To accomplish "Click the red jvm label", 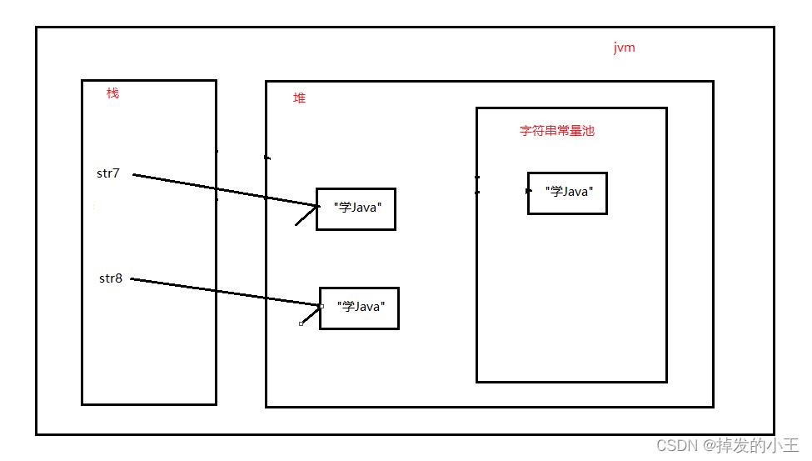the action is (x=624, y=48).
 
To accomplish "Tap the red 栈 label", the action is (x=112, y=93).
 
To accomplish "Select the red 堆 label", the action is (x=299, y=98).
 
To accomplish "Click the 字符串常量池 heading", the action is (x=556, y=131).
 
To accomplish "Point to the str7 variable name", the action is (x=108, y=173).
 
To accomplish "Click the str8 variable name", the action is (x=111, y=278).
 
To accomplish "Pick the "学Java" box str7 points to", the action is (x=356, y=209).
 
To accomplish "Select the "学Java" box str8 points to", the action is (x=360, y=308).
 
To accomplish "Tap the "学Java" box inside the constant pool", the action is (x=568, y=193).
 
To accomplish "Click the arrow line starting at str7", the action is (x=226, y=190).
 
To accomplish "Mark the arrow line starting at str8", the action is (x=225, y=292).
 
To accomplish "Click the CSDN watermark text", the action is (x=728, y=445).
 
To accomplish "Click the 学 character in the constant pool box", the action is (x=556, y=192).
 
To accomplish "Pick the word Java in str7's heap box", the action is (x=365, y=208).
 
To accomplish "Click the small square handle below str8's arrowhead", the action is (x=301, y=324).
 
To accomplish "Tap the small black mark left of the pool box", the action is (x=477, y=185).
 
